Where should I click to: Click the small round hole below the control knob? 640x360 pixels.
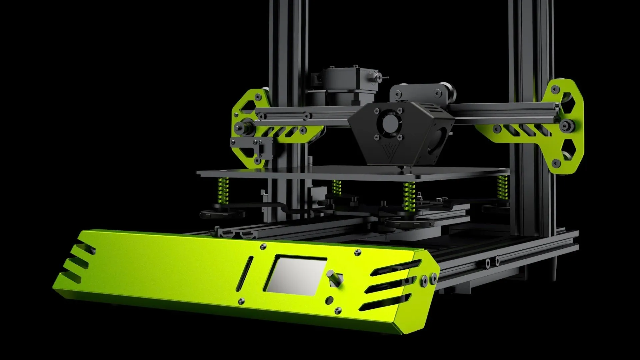(330, 299)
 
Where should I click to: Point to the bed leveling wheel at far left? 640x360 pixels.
(221, 213)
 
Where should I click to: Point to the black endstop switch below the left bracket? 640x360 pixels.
(253, 147)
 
